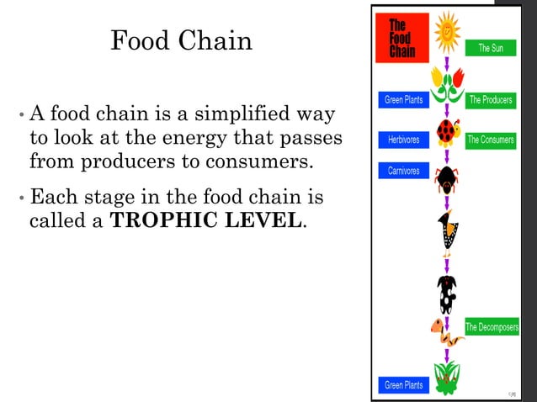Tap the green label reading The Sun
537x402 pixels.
pos(491,48)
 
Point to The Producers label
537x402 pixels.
pos(491,100)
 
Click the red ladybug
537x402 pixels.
pos(447,132)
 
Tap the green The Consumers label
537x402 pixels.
pos(491,140)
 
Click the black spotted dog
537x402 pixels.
pos(446,294)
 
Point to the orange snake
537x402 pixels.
pos(446,331)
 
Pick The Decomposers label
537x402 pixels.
pos(492,327)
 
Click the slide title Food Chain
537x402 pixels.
pos(181,40)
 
